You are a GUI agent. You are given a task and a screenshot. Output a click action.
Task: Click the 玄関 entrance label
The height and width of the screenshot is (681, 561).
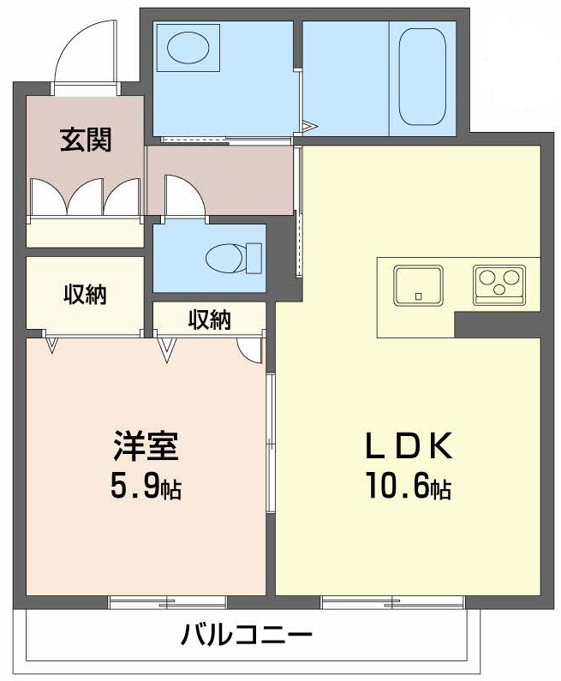click(85, 140)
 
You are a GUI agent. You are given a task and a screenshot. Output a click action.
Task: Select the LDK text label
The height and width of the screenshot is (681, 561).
click(408, 445)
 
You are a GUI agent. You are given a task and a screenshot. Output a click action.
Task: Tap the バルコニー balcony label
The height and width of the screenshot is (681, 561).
click(247, 636)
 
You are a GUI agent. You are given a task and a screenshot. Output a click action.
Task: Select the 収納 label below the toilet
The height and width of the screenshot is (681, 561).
click(209, 320)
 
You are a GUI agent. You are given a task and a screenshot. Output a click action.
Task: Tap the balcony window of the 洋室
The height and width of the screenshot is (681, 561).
click(167, 602)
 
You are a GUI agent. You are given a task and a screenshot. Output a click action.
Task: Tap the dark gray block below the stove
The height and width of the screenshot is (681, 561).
click(498, 324)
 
